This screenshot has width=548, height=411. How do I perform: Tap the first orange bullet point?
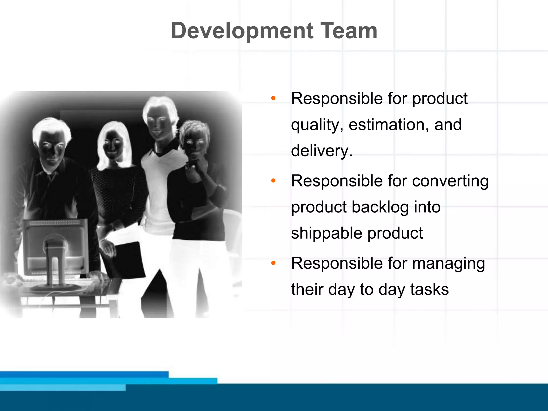click(273, 98)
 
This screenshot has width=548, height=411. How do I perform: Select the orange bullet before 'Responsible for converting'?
click(273, 181)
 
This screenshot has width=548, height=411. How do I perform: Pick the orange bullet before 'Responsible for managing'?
click(273, 263)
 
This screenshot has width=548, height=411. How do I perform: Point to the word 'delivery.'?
click(322, 151)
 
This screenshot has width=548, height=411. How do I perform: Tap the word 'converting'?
click(450, 181)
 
